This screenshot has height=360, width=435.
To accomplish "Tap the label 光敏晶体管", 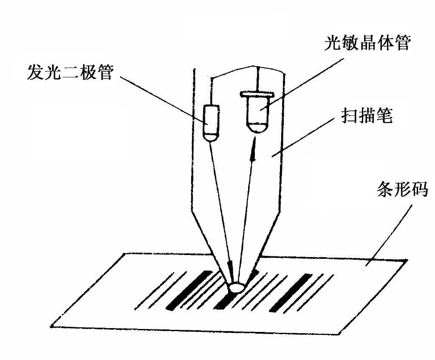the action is [367, 43].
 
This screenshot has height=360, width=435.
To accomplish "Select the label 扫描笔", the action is [367, 116].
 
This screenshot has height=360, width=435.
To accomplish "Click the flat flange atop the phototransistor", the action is [257, 93].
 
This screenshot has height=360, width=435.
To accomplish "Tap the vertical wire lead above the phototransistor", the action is [257, 79].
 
